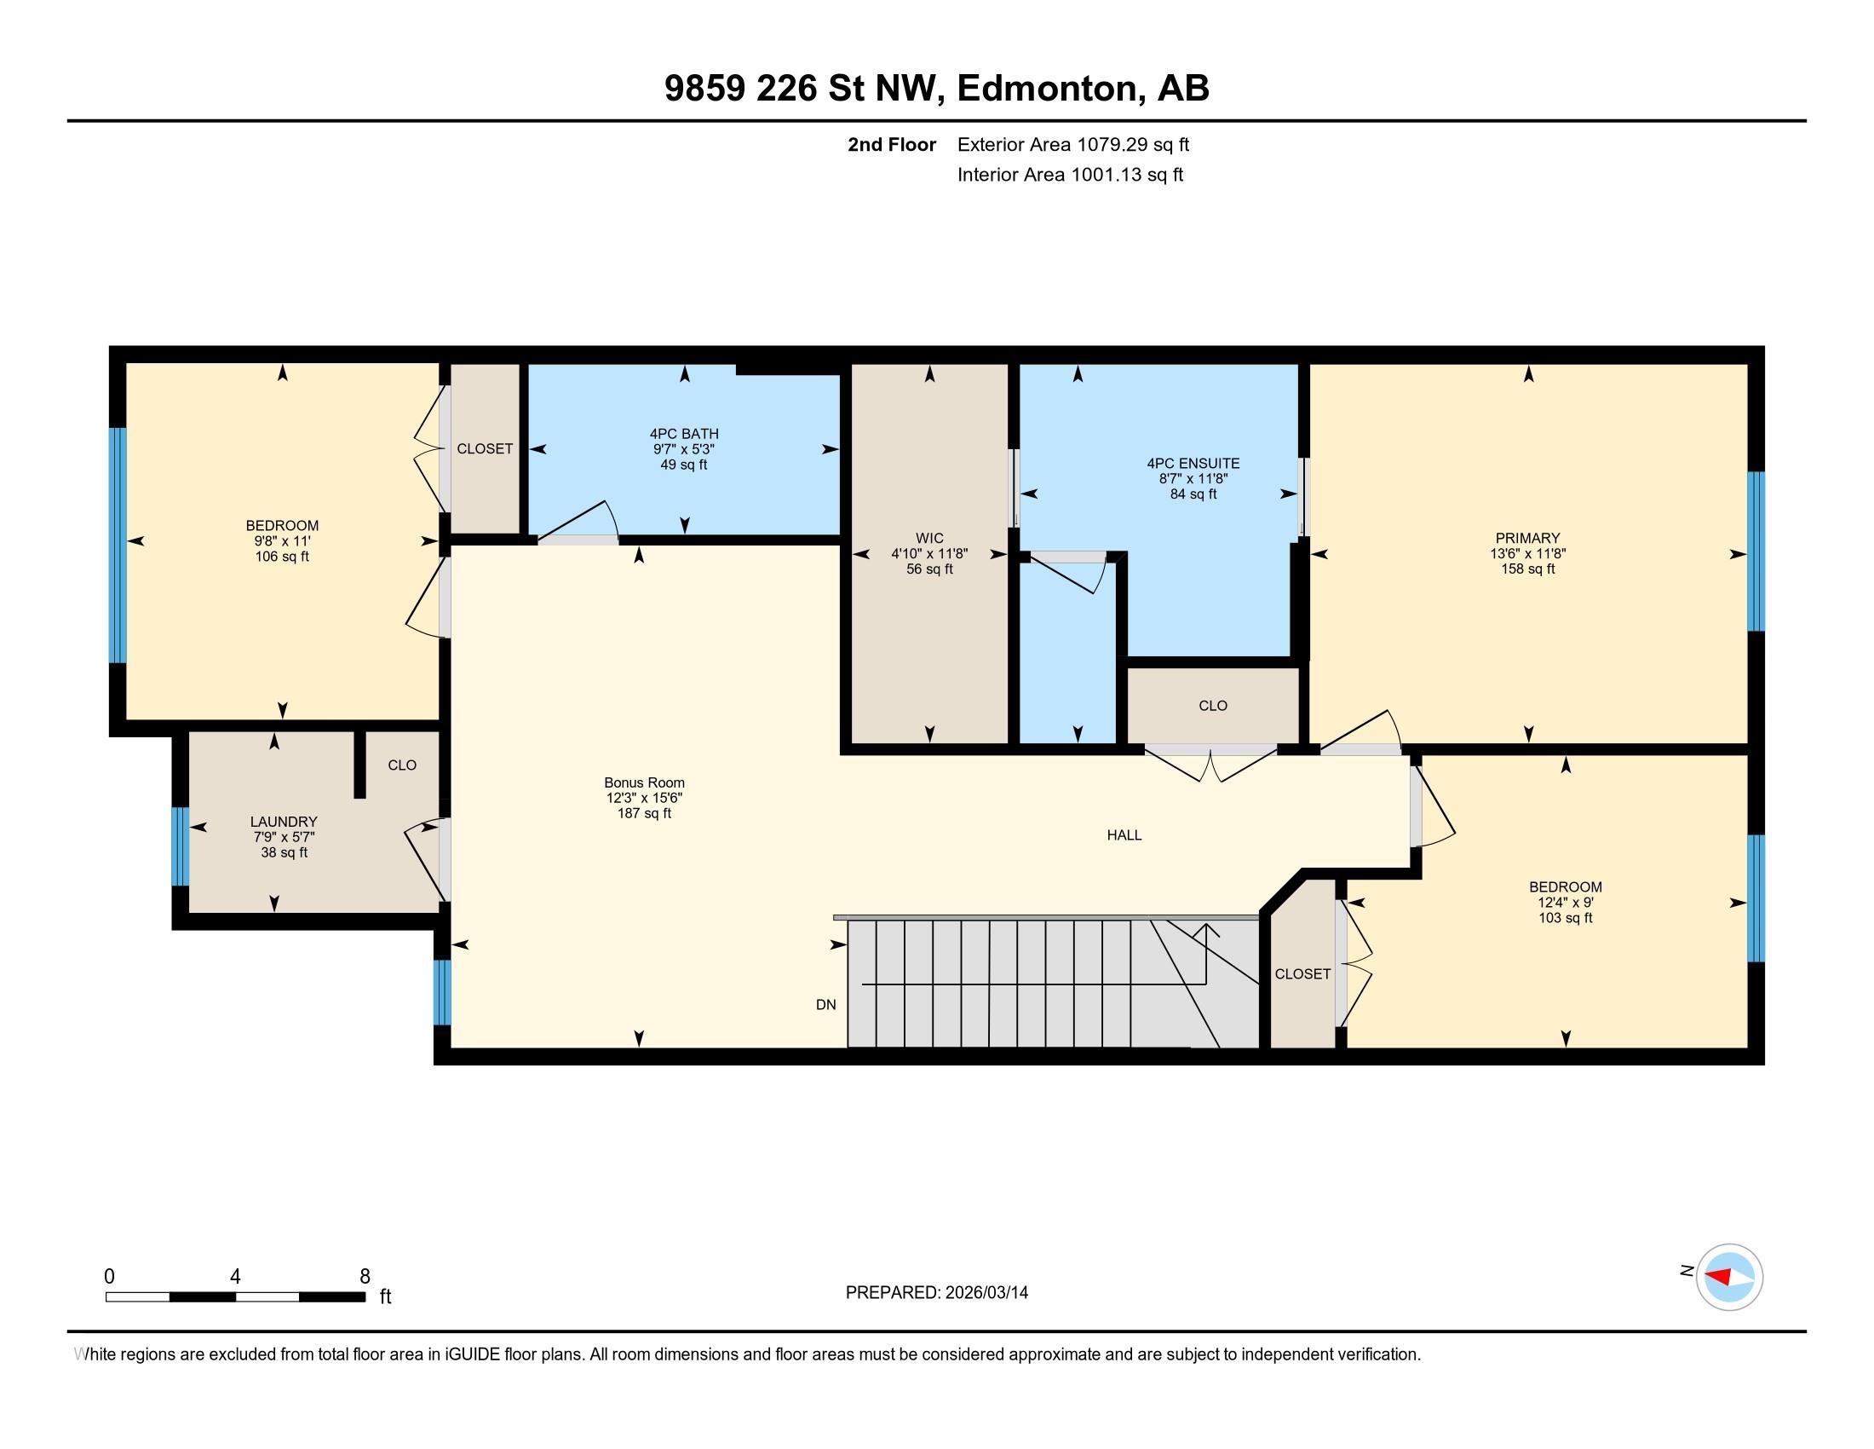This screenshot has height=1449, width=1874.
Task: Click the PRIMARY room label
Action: (1526, 538)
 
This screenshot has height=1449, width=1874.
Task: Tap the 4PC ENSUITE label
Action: (1193, 463)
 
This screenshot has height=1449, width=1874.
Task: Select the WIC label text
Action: (929, 538)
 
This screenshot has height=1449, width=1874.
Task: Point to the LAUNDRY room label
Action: (283, 822)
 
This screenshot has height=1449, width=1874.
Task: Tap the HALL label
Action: (1124, 835)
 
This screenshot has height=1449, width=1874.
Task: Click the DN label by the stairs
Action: (825, 1004)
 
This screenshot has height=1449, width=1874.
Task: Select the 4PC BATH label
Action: (684, 434)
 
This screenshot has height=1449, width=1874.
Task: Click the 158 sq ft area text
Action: (1526, 569)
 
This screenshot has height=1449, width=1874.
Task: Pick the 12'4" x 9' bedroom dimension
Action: (1564, 902)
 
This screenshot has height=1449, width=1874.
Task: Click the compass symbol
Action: (1728, 1277)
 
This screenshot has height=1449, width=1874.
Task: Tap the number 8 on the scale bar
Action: (365, 1277)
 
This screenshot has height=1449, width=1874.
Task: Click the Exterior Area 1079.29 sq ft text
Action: (1072, 144)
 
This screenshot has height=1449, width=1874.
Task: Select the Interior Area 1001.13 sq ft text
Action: (1069, 175)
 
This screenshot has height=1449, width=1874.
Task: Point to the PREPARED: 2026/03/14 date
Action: (936, 1293)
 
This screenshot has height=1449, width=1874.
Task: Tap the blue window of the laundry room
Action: (181, 846)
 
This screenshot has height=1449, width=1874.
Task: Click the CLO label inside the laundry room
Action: (401, 765)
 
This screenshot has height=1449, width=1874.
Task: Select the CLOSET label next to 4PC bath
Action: (484, 449)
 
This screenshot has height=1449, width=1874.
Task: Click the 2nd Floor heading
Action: (891, 144)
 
